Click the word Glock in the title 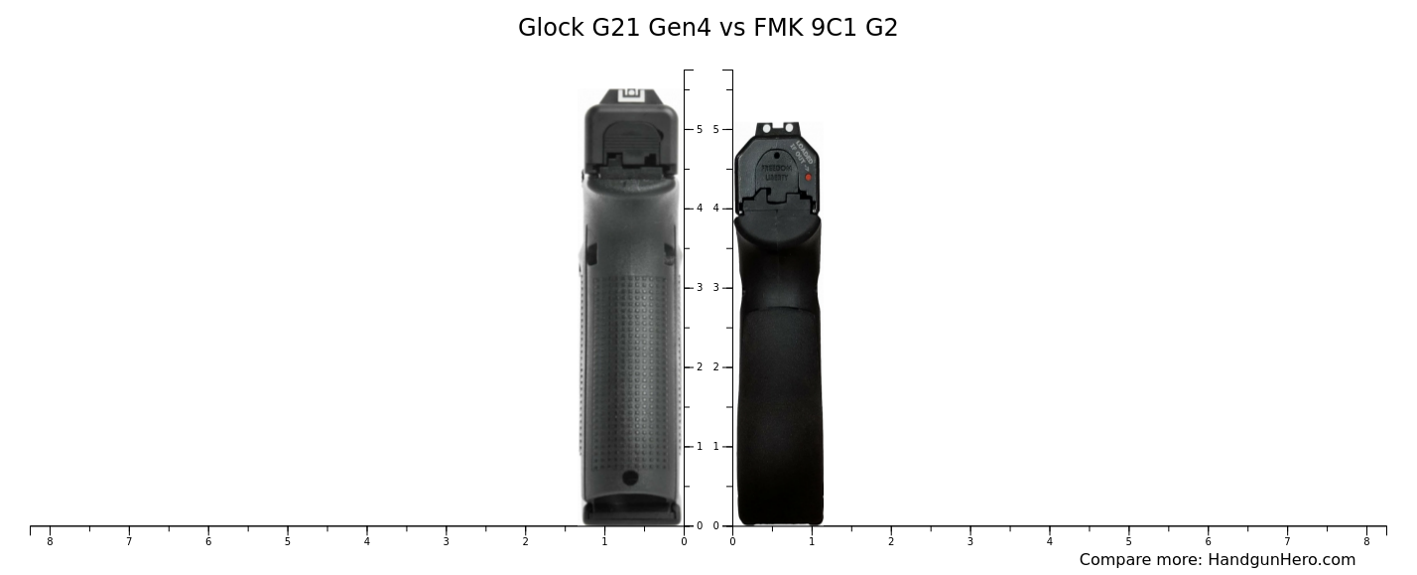tap(552, 28)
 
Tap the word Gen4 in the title tap(680, 28)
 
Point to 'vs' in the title tap(732, 28)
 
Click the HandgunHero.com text tap(1281, 560)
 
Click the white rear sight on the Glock tap(632, 96)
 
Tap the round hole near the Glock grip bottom tap(630, 478)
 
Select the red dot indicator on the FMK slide tap(808, 178)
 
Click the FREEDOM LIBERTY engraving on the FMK tap(776, 173)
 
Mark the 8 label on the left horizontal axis tap(50, 541)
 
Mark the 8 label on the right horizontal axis tap(1366, 541)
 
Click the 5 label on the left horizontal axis tap(288, 541)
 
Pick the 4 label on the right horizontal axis tap(1049, 541)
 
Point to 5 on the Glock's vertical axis tap(699, 129)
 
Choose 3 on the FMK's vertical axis tap(716, 288)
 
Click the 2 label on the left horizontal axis tap(525, 541)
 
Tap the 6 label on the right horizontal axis tap(1208, 541)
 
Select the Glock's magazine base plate tap(631, 513)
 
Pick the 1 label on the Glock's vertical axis tap(699, 447)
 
